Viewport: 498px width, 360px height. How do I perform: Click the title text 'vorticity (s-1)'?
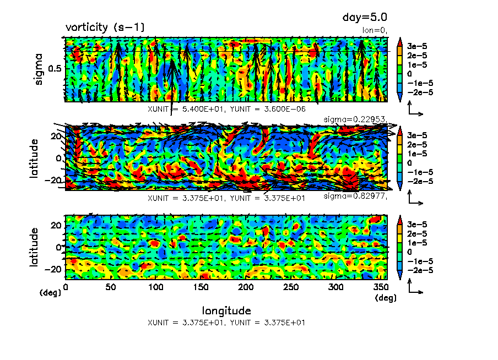point(105,27)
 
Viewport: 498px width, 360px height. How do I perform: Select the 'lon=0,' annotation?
point(376,30)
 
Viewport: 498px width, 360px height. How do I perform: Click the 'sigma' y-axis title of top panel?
point(39,69)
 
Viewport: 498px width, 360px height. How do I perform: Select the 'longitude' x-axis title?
point(226,310)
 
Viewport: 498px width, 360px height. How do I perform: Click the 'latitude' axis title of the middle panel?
point(35,158)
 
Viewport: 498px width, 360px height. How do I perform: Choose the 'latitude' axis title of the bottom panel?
point(35,247)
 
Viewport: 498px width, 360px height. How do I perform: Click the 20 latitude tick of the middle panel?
point(55,135)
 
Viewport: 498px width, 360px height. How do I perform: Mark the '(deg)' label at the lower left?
point(49,293)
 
